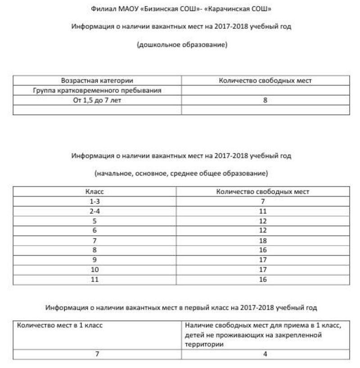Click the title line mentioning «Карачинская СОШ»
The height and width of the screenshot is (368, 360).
pos(181,9)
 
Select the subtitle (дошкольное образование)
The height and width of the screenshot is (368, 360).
pos(182,45)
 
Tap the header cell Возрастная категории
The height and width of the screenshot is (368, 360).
pos(97,81)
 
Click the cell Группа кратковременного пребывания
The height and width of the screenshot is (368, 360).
pos(97,90)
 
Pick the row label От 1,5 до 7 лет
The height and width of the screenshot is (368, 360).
pos(97,100)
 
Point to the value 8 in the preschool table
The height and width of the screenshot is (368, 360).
pos(265,100)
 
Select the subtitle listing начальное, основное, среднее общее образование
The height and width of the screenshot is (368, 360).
pos(181,173)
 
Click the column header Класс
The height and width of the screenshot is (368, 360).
pos(94,192)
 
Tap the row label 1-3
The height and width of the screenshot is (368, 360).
pos(94,202)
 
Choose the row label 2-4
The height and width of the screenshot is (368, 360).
pos(94,211)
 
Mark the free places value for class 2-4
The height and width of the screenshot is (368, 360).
pos(263,211)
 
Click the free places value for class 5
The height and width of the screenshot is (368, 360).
pos(263,221)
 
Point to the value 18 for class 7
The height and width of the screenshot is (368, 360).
pos(263,241)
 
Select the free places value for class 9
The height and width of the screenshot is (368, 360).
pos(263,260)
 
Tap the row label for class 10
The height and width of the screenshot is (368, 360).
pos(94,270)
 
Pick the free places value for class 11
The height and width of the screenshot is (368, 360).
pos(263,279)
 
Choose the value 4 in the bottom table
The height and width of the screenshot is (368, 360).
pos(265,354)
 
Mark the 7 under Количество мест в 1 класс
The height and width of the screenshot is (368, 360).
pos(97,354)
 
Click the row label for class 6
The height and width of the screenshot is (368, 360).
pos(94,231)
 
